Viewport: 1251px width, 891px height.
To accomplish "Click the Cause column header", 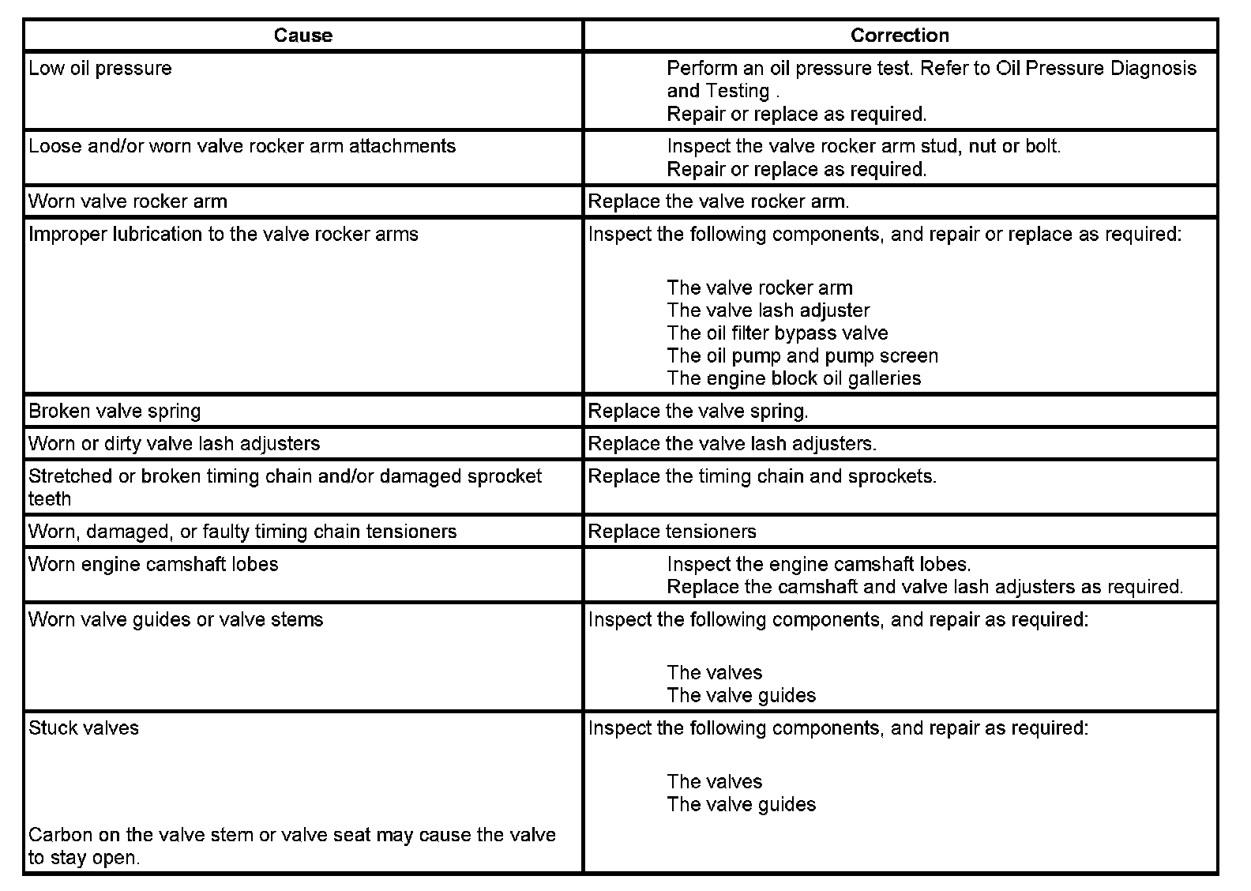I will click(x=303, y=36).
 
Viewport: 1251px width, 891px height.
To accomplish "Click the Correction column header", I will click(x=900, y=36).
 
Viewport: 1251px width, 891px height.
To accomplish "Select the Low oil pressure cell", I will click(x=100, y=69).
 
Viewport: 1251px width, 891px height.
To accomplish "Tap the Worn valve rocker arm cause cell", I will click(x=128, y=201).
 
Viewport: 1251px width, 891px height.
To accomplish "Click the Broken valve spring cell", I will click(x=115, y=412).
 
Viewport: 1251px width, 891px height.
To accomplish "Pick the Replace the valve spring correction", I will click(x=698, y=412).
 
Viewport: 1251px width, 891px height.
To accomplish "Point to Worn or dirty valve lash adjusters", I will click(x=175, y=444).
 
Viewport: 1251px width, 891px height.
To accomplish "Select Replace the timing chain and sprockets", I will click(x=762, y=477).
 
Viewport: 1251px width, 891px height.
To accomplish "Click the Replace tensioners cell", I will click(x=672, y=532).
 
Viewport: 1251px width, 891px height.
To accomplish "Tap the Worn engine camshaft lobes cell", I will click(x=153, y=565).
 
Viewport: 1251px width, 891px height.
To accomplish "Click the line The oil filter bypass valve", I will click(x=777, y=333).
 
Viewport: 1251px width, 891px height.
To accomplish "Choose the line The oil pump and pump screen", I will click(x=802, y=356).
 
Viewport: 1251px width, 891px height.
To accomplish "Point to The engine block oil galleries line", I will click(x=794, y=379).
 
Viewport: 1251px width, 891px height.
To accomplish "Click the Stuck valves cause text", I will click(x=84, y=728).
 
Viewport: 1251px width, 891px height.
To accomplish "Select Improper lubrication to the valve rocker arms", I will click(x=224, y=235).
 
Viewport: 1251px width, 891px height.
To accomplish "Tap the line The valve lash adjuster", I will click(x=768, y=310).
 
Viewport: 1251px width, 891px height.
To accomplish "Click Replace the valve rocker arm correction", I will click(x=719, y=201).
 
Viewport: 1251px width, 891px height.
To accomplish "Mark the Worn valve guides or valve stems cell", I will click(x=176, y=620).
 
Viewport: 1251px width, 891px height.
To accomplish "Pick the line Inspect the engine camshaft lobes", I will click(x=819, y=565).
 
